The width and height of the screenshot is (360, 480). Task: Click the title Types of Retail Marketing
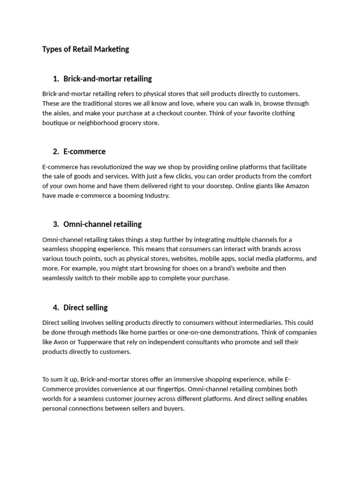tap(85, 49)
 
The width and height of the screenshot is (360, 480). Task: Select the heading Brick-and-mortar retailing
tap(107, 79)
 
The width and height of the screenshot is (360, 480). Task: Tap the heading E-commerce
tap(84, 151)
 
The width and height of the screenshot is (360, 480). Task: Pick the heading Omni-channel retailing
tap(102, 224)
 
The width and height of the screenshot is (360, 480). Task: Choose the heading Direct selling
tap(85, 307)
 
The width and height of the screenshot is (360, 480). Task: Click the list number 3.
tap(56, 224)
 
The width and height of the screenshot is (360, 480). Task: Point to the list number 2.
tap(56, 151)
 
